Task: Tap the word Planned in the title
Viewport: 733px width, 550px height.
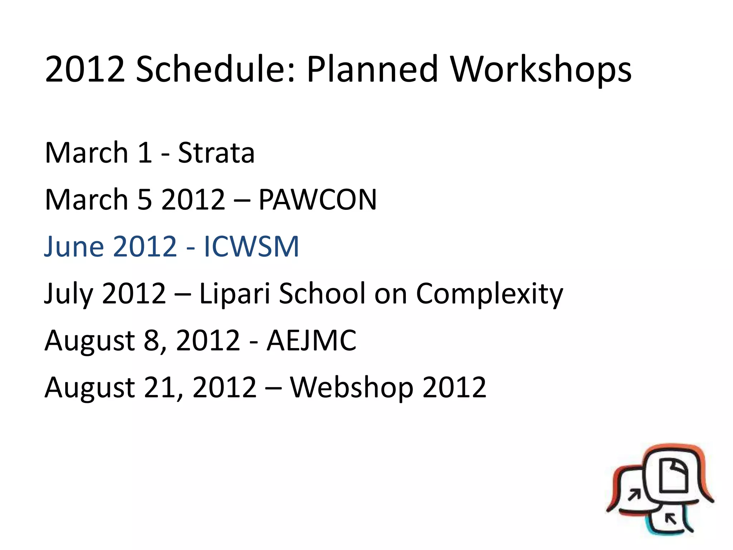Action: point(372,69)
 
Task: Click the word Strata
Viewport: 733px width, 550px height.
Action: point(216,153)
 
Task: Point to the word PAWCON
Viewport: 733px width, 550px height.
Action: point(317,200)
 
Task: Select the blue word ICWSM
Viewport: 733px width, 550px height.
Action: point(251,247)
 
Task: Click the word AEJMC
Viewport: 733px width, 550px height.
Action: point(311,341)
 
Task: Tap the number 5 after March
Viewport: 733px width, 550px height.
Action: point(145,200)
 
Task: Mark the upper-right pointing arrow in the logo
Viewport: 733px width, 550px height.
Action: point(635,495)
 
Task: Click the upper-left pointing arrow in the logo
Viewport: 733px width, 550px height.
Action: point(670,518)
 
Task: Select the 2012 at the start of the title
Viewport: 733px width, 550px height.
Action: point(85,69)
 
